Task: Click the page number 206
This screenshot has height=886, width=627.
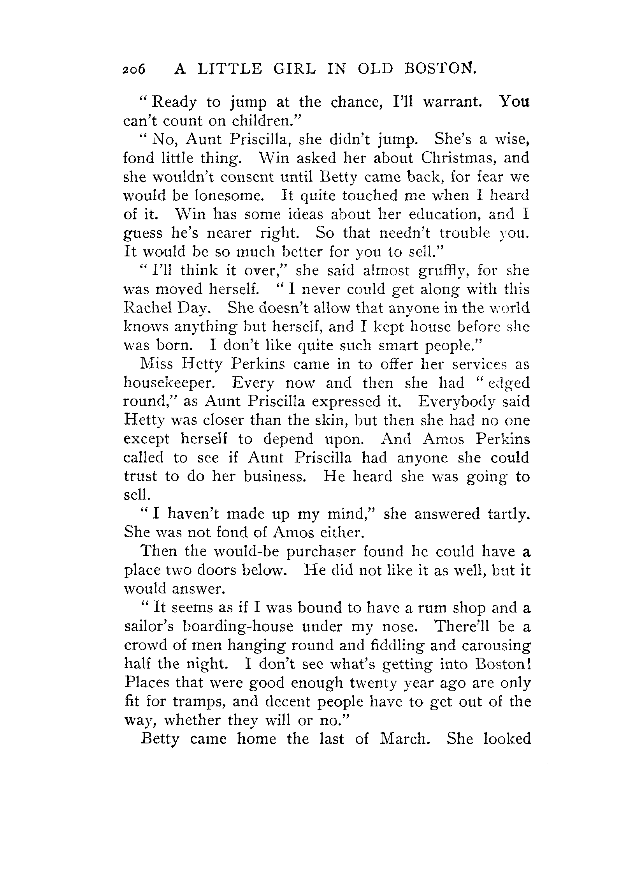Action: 133,69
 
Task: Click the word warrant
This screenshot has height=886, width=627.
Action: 453,102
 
